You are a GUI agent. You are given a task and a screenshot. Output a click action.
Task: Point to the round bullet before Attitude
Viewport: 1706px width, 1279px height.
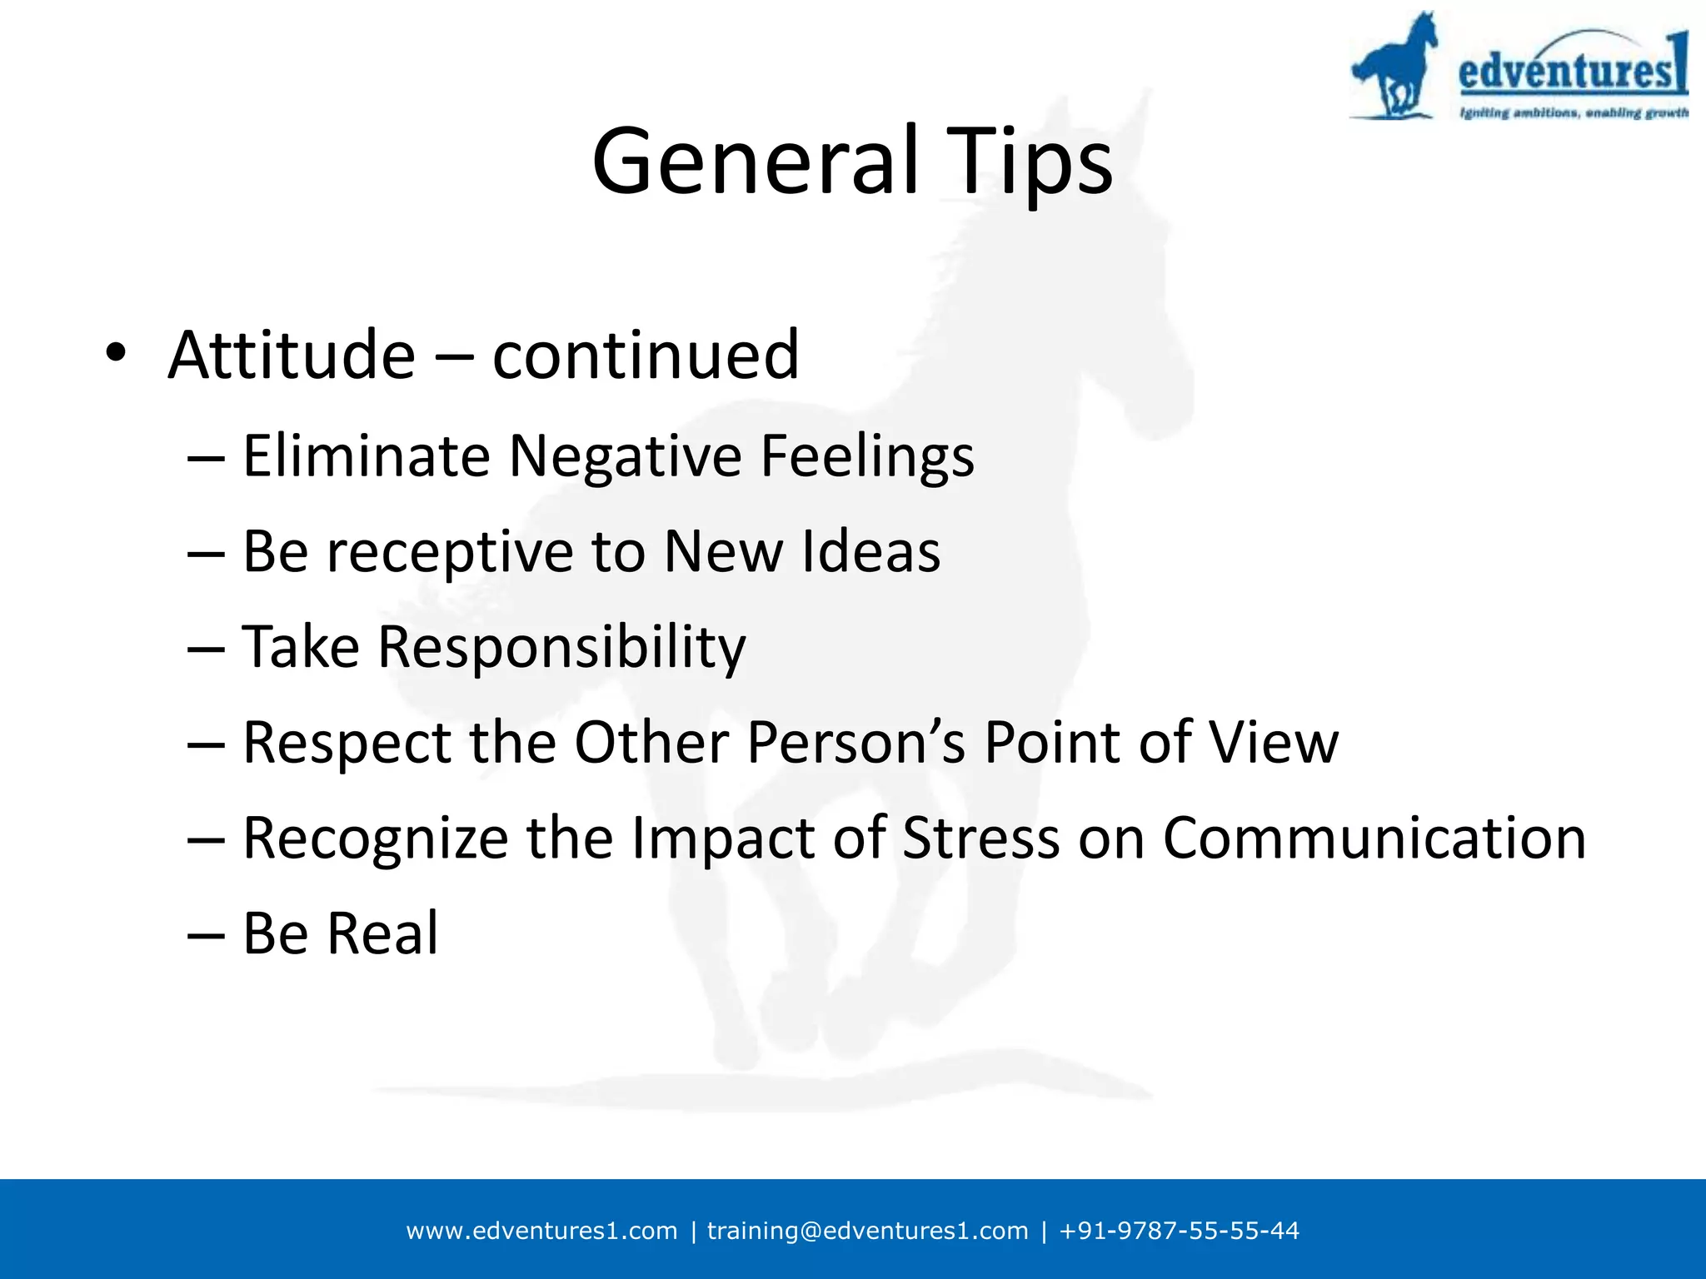(116, 353)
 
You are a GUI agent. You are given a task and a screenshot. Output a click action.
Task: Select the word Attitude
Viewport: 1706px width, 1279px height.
(291, 356)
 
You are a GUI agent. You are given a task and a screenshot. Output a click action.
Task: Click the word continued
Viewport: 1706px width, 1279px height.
(646, 356)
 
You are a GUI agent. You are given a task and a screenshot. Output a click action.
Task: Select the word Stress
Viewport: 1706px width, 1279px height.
(980, 838)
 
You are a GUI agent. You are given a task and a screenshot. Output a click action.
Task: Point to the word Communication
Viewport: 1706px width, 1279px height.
(1374, 838)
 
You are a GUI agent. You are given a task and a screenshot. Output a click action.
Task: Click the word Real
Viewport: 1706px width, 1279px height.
(382, 933)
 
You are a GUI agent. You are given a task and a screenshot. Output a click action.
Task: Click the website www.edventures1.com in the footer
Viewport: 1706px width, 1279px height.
(541, 1231)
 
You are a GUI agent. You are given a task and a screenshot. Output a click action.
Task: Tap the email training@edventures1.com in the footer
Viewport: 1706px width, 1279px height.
(867, 1231)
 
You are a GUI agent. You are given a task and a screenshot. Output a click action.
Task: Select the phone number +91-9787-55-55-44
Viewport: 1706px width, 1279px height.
(1179, 1231)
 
